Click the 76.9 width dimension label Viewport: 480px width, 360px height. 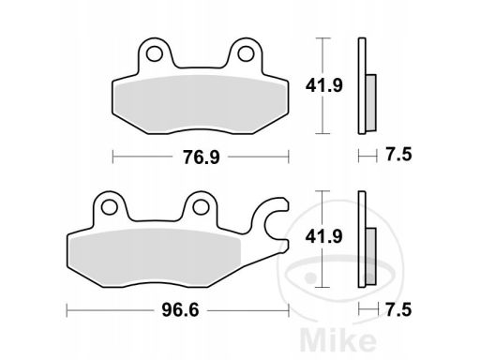point(202,157)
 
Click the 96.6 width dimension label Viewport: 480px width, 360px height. point(180,310)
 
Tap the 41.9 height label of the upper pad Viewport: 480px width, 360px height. point(324,85)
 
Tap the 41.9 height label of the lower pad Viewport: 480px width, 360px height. point(324,236)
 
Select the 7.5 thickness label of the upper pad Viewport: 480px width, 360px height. point(398,155)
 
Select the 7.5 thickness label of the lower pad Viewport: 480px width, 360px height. point(398,310)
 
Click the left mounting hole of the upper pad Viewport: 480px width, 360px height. point(155,53)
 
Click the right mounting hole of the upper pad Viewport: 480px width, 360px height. point(246,53)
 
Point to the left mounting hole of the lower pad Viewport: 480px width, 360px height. point(110,207)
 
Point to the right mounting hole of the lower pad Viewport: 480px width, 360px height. point(201,207)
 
